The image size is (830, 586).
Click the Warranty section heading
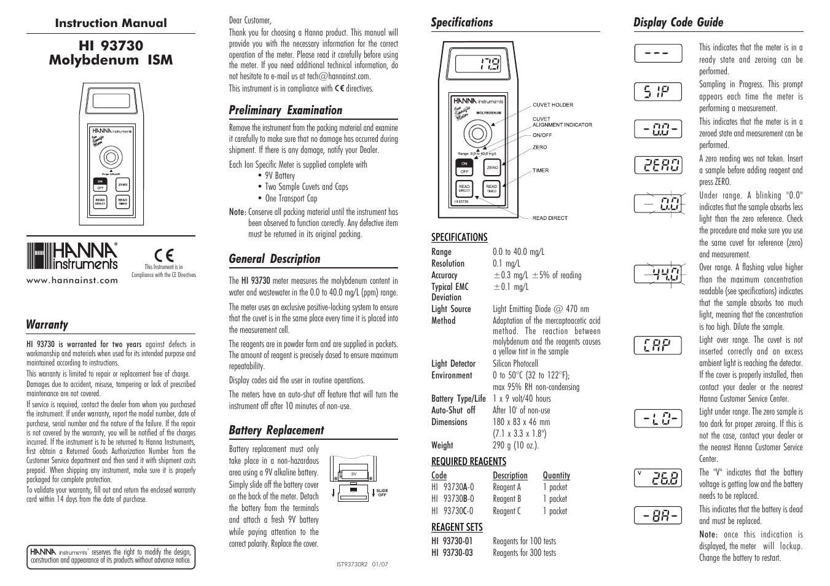pos(47,325)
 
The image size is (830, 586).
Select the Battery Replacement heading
pos(276,431)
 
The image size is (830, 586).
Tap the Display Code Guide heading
pos(678,23)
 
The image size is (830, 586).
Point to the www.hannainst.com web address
pos(72,280)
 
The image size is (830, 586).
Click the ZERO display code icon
pos(658,165)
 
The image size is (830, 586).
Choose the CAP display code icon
pos(658,345)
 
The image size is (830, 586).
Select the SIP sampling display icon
pos(658,92)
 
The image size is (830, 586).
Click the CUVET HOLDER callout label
pos(552,105)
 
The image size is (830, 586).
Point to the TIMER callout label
pos(541,171)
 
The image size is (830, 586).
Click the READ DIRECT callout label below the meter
pos(550,218)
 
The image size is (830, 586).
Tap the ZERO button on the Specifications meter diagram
pos(492,167)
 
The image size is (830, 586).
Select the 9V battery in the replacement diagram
pos(354,474)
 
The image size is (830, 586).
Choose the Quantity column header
pos(556,475)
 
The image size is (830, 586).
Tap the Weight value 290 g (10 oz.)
pos(515,445)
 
